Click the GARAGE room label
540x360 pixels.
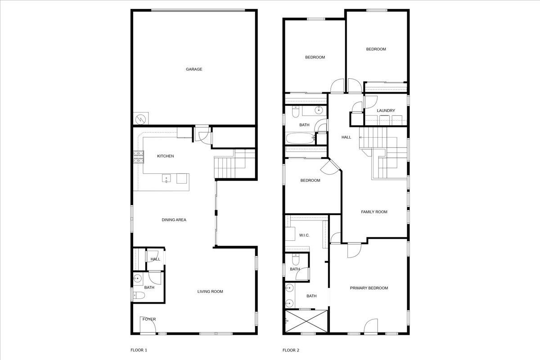point(194,69)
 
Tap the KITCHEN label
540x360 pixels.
point(165,156)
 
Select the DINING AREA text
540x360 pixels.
point(174,220)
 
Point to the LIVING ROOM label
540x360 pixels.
point(210,292)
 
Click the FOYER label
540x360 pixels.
point(149,319)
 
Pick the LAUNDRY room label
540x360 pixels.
point(386,111)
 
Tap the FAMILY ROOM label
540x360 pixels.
point(374,212)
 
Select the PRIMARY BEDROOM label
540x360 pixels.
point(369,288)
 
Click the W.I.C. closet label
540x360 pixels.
point(305,236)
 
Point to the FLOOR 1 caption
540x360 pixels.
point(139,350)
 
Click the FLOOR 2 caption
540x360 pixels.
point(291,350)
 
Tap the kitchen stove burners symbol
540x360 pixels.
point(138,157)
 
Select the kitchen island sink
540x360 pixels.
point(166,179)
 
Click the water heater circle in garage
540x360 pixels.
point(140,119)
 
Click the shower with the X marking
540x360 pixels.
point(307,322)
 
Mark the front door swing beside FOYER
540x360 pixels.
point(147,328)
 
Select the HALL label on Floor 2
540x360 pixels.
point(346,137)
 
